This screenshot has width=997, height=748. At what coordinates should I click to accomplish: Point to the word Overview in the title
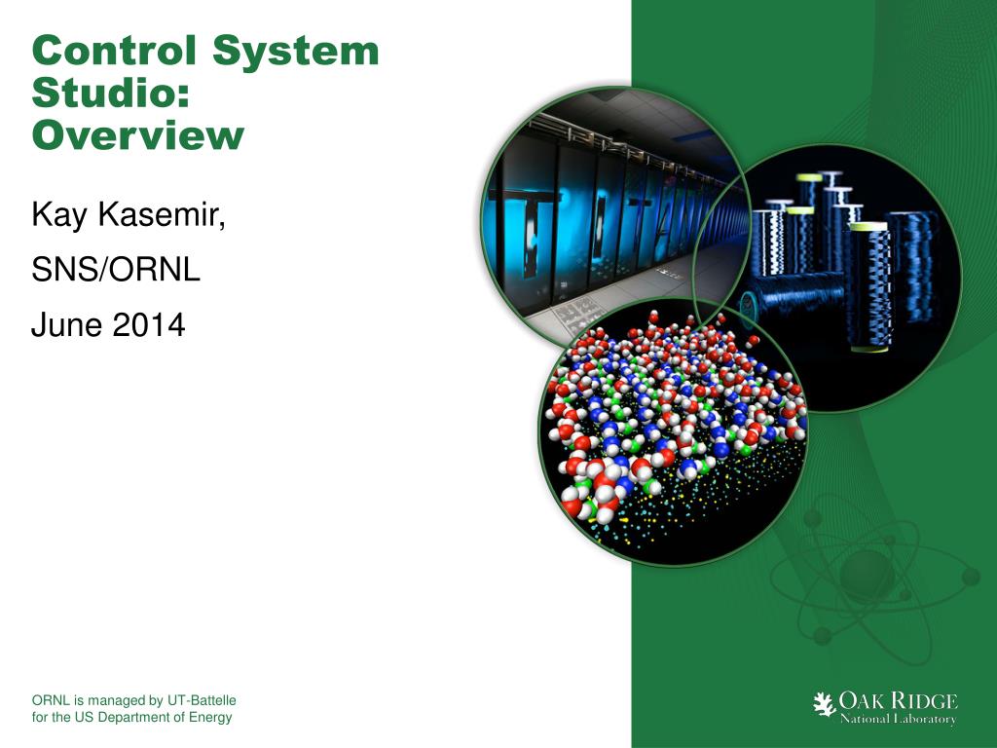(x=137, y=135)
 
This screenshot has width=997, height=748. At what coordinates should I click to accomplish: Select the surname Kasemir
(x=163, y=215)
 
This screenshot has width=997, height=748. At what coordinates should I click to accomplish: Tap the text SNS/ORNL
(x=116, y=270)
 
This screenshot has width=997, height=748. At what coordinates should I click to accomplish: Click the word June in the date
(x=66, y=324)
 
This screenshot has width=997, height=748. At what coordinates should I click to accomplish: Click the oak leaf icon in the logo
(x=825, y=703)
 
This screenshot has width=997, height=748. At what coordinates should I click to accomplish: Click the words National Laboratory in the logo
(x=898, y=720)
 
